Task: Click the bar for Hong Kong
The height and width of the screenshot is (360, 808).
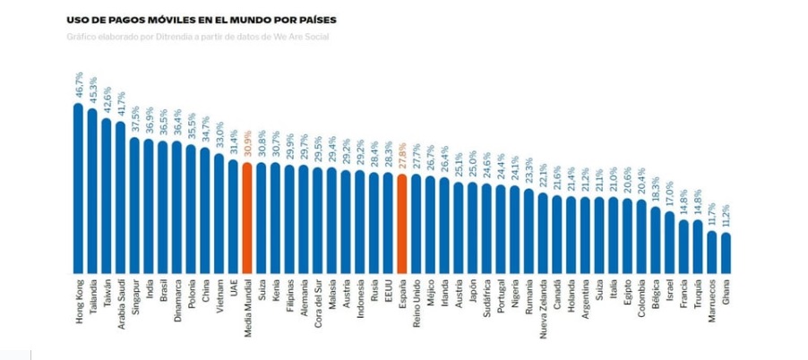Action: (x=78, y=188)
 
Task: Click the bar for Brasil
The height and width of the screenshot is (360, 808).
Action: (x=162, y=207)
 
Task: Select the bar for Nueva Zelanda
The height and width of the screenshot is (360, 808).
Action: (x=543, y=233)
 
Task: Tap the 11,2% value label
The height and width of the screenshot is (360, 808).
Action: (x=726, y=217)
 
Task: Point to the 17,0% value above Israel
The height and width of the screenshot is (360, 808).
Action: (x=669, y=194)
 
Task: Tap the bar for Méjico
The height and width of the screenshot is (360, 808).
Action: (x=430, y=225)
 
